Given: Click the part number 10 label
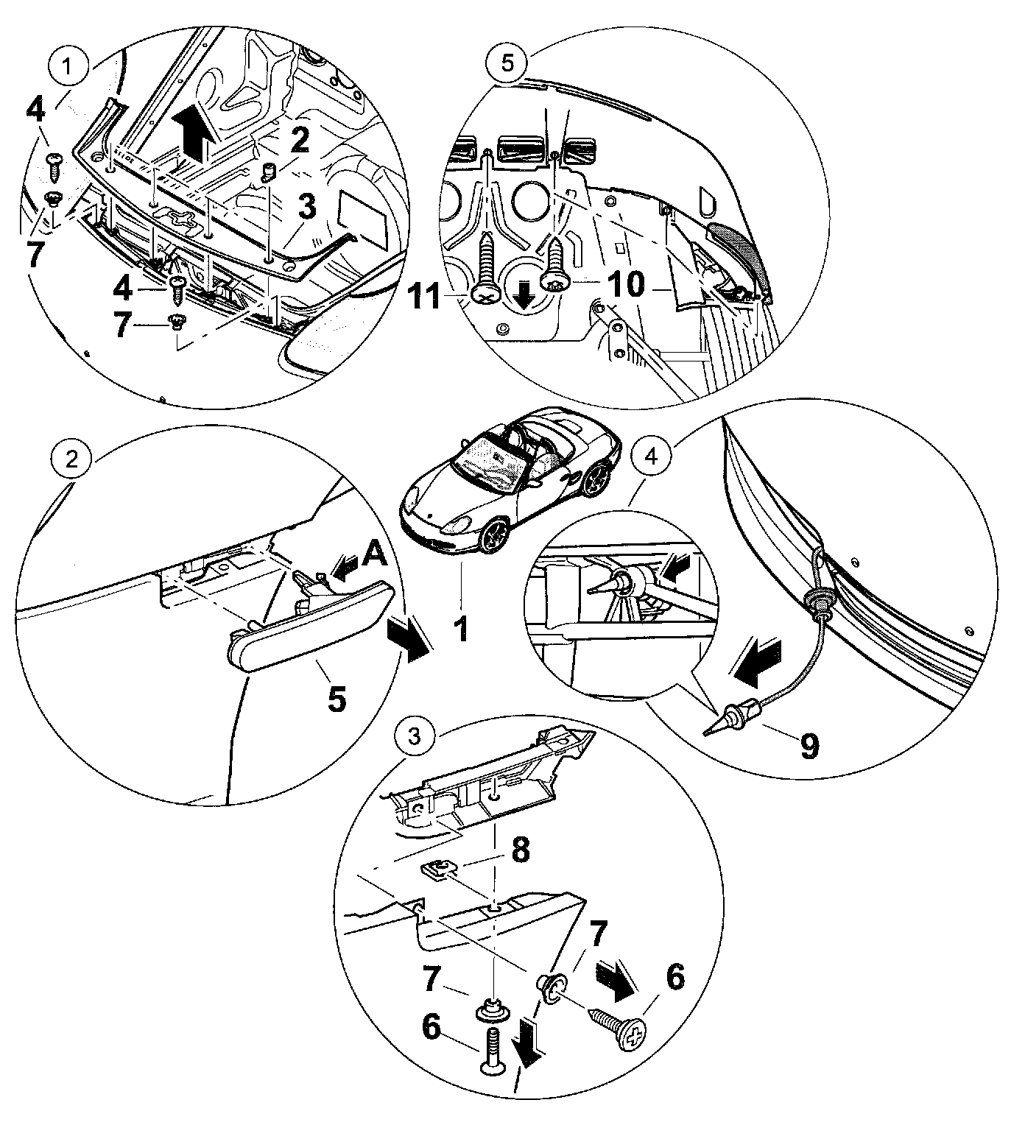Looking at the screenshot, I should click(627, 285).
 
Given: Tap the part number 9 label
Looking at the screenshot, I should click(809, 746).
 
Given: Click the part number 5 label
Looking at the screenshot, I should click(336, 698).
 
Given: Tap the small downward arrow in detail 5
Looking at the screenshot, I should click(525, 296).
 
